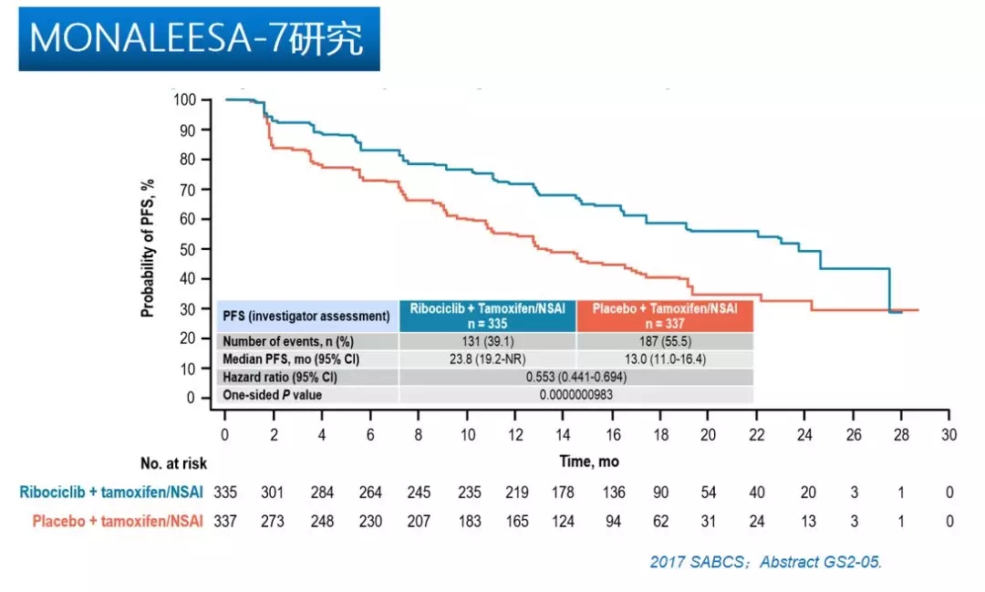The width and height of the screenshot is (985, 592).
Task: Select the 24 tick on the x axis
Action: coord(804,436)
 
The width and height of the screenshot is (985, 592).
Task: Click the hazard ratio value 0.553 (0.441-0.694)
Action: coord(575,377)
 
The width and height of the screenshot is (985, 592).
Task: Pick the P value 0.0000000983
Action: coord(575,395)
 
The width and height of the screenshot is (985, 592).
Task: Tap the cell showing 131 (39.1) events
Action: coord(488,340)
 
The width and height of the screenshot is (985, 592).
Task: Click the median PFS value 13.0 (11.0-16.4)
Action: coord(665,358)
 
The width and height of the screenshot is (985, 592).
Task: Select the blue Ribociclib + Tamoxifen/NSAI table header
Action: coord(488,316)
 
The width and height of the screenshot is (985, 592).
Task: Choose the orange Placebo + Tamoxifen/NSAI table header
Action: coord(665,316)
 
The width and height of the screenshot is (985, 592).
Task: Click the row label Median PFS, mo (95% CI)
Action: coord(291,358)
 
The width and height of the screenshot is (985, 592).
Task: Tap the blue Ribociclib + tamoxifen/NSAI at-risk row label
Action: coord(110,493)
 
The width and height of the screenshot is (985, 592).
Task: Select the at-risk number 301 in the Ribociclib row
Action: coord(273,493)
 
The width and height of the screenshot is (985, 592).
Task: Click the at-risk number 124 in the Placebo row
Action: coord(563,522)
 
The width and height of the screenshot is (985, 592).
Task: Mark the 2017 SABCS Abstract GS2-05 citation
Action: coord(765,562)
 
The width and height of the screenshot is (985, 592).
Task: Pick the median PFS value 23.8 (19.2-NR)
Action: coord(488,358)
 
